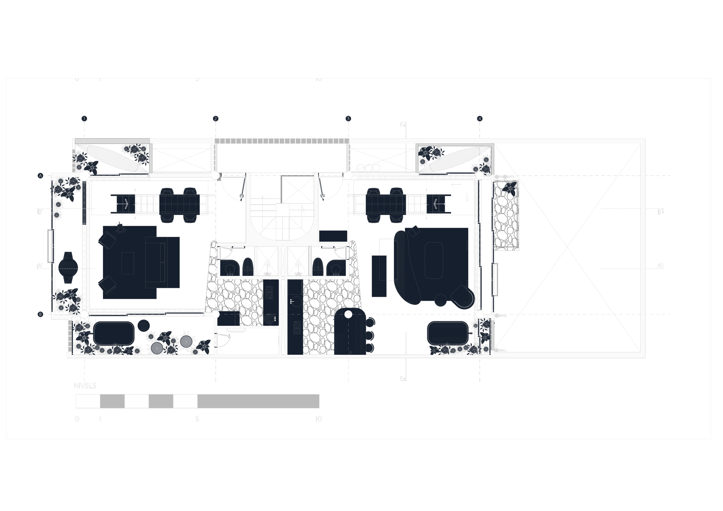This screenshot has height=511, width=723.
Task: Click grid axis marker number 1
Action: [84, 119]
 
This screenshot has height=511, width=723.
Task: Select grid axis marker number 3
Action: [348, 119]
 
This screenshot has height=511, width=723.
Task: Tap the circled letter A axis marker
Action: [40, 175]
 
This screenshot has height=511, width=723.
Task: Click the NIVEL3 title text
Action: [85, 386]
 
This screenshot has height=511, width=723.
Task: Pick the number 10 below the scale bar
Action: [318, 419]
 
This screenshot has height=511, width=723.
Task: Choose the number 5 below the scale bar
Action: [197, 419]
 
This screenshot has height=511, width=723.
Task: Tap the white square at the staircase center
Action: [283, 210]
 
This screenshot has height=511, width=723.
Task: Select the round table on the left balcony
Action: [68, 268]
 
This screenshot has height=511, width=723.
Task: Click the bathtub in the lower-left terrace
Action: [114, 333]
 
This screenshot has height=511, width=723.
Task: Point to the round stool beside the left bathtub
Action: [144, 325]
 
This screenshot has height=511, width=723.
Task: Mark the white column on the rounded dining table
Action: [348, 314]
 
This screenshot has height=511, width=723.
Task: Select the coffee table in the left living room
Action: [128, 263]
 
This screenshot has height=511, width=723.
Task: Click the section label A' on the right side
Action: [660, 266]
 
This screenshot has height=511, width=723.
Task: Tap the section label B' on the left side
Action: [40, 212]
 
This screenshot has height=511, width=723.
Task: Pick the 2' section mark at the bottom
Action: [403, 378]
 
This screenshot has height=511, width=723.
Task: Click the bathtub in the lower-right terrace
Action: [447, 333]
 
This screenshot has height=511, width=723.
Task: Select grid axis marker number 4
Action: [479, 119]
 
